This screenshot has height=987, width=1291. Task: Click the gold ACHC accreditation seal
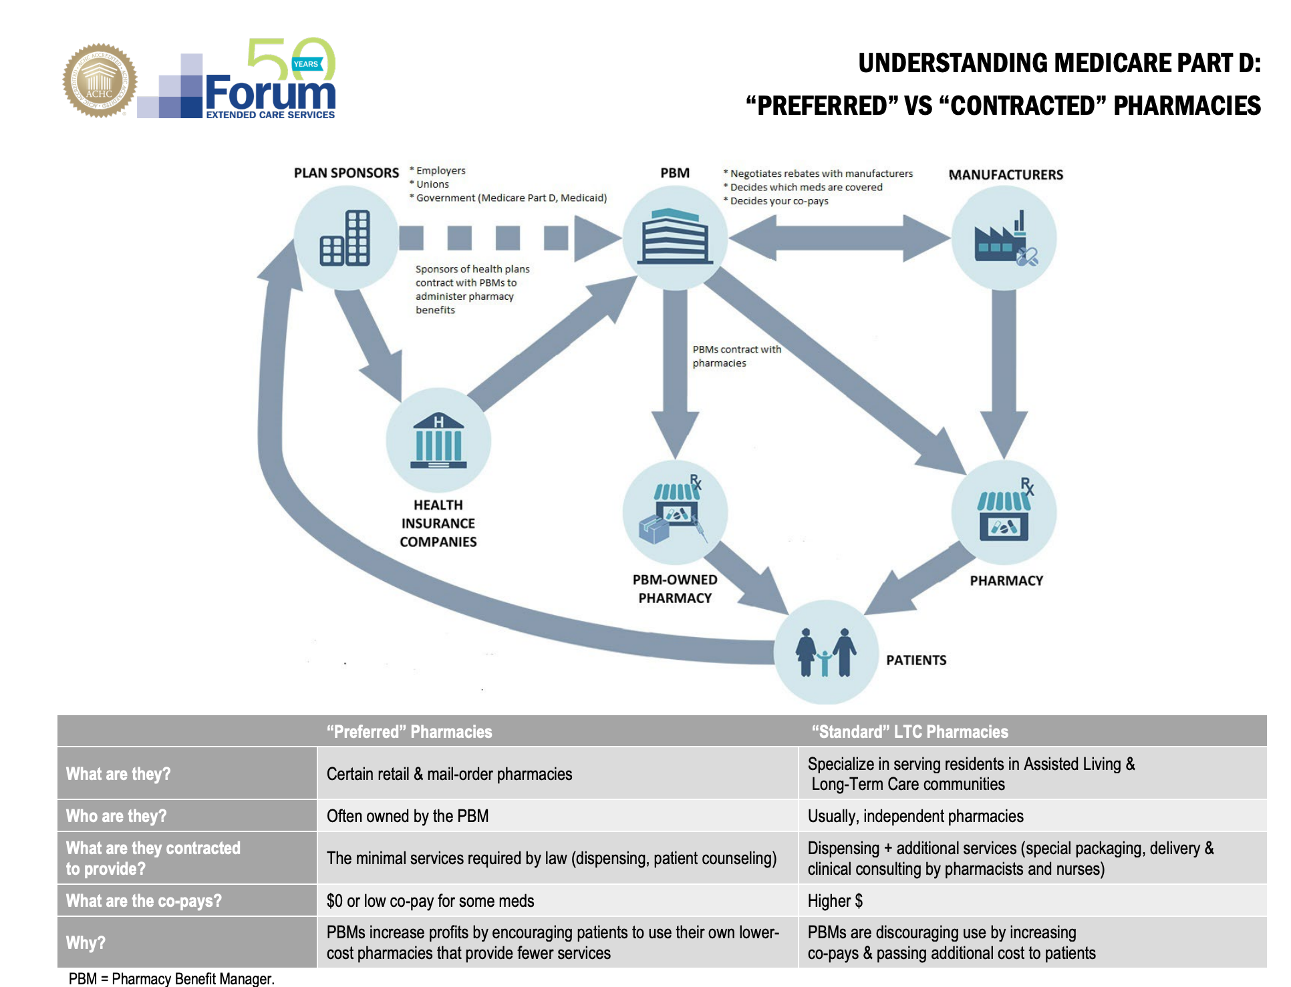[x=100, y=81]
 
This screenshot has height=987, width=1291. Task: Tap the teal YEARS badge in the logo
[x=307, y=64]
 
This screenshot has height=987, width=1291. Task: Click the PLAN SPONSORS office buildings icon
[x=345, y=238]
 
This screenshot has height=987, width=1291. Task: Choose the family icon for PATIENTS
[x=826, y=652]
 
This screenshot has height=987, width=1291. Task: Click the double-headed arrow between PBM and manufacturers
[x=839, y=238]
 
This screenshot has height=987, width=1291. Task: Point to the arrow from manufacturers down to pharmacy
[x=1004, y=373]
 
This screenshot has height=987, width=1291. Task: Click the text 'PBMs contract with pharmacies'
[x=736, y=356]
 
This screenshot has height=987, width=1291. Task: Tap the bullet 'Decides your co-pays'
[x=776, y=201]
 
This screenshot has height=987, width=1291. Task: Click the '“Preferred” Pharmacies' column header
[x=409, y=732]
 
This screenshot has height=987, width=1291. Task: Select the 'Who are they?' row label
[x=116, y=816]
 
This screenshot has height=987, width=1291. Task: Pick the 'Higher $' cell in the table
[x=835, y=901]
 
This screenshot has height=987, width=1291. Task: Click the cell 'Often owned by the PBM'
[x=408, y=816]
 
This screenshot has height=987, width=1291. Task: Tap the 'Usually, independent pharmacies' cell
[x=915, y=816]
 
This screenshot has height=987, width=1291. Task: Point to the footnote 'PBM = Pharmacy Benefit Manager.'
[x=172, y=978]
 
